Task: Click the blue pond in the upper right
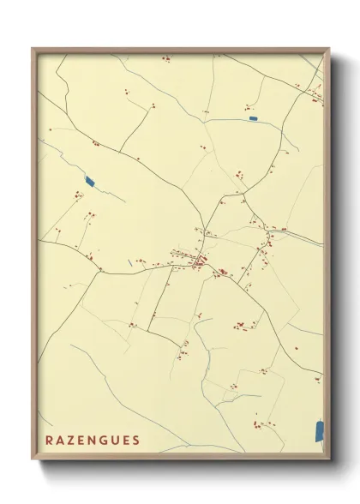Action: click(253, 117)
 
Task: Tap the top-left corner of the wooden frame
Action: click(33, 47)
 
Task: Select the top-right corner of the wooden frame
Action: click(328, 47)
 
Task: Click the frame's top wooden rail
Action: click(180, 48)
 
